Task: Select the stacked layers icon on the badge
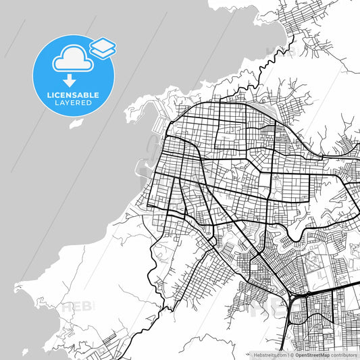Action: click(x=103, y=47)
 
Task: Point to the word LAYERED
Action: click(x=74, y=103)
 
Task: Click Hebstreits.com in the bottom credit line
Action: click(x=269, y=355)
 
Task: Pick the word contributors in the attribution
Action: click(x=344, y=355)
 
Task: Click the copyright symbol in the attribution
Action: click(x=292, y=355)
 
